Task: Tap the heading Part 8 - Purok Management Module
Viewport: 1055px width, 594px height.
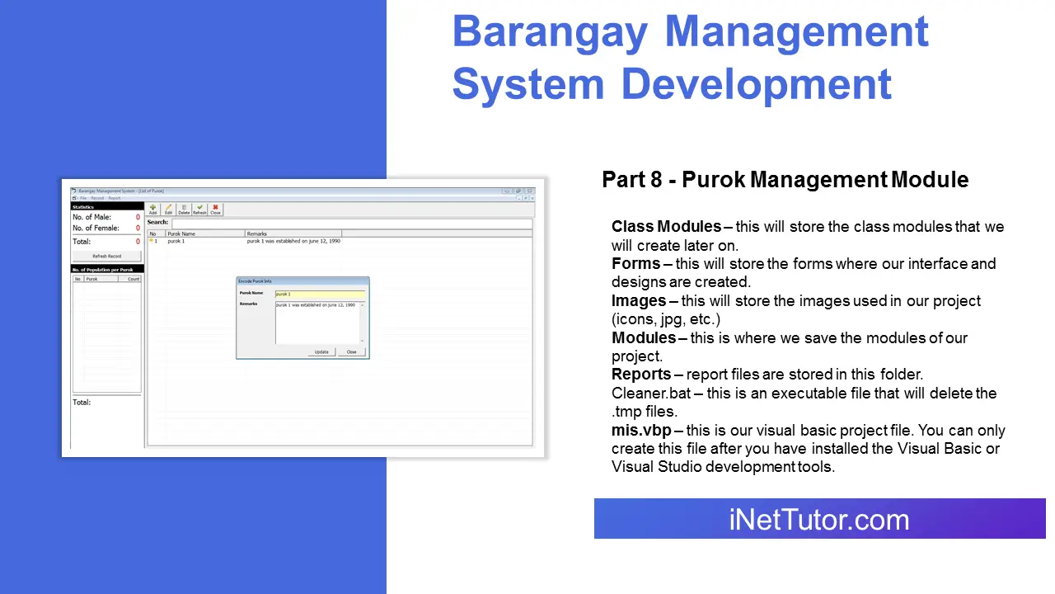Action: [x=785, y=179]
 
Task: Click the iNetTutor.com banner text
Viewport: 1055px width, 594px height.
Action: [x=819, y=520]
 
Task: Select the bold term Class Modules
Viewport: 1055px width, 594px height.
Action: [x=666, y=227]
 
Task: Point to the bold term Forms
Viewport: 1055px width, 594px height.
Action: [x=635, y=264]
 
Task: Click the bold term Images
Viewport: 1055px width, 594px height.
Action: [x=639, y=301]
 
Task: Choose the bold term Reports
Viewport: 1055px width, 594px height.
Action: [x=641, y=375]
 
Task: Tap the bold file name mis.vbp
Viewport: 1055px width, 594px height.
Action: [x=641, y=431]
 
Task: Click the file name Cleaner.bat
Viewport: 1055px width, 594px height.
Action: [x=651, y=394]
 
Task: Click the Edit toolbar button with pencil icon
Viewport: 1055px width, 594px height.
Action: [x=168, y=210]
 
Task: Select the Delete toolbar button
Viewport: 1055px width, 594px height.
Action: [x=184, y=210]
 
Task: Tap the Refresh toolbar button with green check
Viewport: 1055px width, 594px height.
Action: [x=199, y=210]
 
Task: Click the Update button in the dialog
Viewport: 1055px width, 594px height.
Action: [x=321, y=351]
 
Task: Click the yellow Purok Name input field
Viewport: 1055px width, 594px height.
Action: [x=320, y=295]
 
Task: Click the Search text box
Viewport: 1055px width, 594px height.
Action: [x=351, y=223]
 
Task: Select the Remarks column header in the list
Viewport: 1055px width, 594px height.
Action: [x=293, y=234]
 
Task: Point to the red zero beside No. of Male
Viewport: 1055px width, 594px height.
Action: [x=138, y=218]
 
